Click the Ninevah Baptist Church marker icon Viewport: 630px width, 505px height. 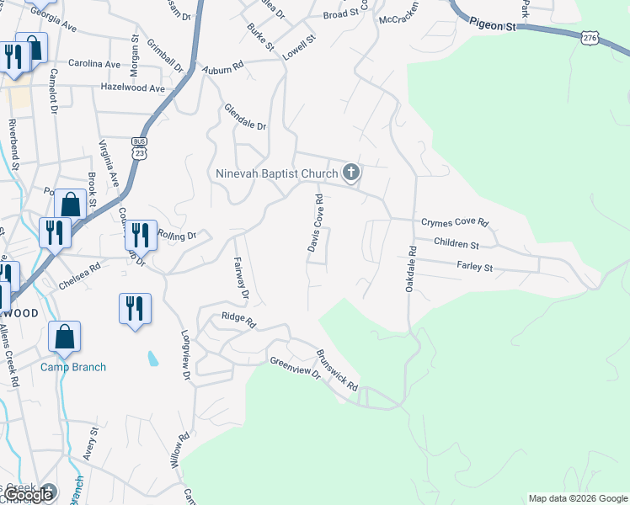pyautogui.click(x=351, y=173)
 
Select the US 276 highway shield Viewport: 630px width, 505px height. pyautogui.click(x=590, y=38)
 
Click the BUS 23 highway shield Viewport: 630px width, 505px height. pyautogui.click(x=140, y=148)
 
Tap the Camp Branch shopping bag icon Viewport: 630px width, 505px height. pyautogui.click(x=65, y=337)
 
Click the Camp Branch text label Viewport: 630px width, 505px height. pyautogui.click(x=73, y=367)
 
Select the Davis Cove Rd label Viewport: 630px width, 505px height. pyautogui.click(x=314, y=225)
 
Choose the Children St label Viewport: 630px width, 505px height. pyautogui.click(x=456, y=244)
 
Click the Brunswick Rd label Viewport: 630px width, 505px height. pyautogui.click(x=338, y=371)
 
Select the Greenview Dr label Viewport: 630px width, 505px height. pyautogui.click(x=296, y=368)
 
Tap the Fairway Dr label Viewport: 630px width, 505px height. pyautogui.click(x=241, y=279)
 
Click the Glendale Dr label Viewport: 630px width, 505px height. pyautogui.click(x=245, y=117)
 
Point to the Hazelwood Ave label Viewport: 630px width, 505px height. pyautogui.click(x=132, y=88)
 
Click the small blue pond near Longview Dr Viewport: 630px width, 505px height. pyautogui.click(x=152, y=359)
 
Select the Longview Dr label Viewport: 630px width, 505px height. pyautogui.click(x=186, y=348)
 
